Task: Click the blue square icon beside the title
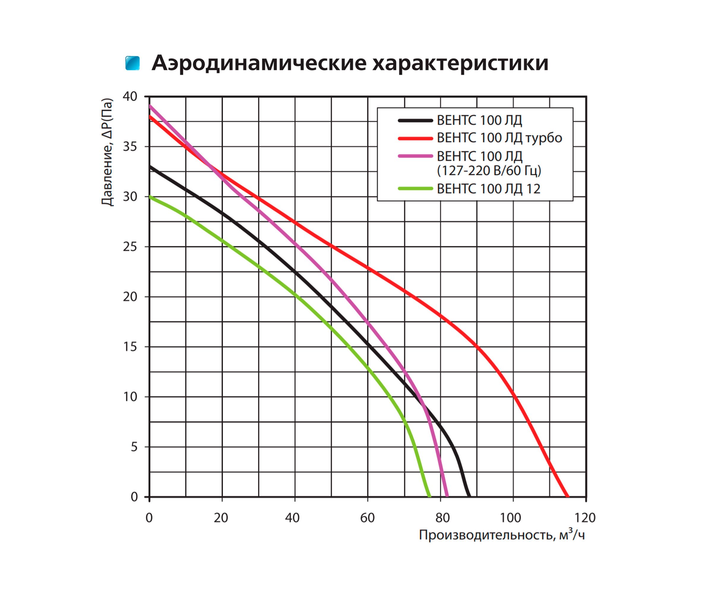(x=132, y=63)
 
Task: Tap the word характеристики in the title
(x=460, y=63)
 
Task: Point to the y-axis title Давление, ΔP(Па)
(x=107, y=152)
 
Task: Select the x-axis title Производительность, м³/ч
(x=502, y=535)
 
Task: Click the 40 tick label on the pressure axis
(x=130, y=97)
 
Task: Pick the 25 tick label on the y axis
(x=130, y=247)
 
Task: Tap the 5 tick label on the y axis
(x=134, y=447)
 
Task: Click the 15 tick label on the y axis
(x=130, y=347)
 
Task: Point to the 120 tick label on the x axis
(x=585, y=518)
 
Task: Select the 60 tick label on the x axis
(x=367, y=518)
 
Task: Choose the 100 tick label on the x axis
(x=510, y=518)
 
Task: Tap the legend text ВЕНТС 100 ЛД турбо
(x=499, y=138)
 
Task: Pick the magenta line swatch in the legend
(x=415, y=156)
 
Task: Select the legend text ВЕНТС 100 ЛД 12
(x=488, y=189)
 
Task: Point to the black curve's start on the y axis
(x=150, y=167)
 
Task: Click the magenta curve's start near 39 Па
(x=150, y=106)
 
